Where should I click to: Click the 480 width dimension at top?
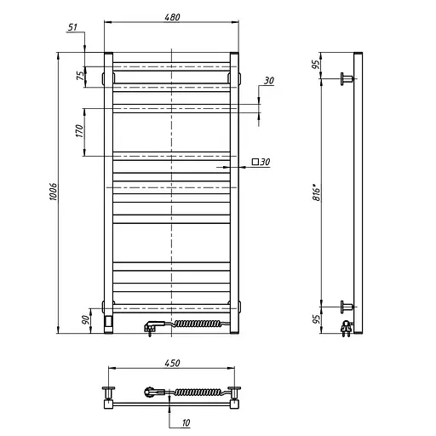pyautogui.click(x=172, y=17)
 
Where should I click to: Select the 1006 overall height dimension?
pyautogui.click(x=53, y=192)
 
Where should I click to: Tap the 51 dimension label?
pyautogui.click(x=72, y=27)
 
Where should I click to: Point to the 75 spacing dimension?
pyautogui.click(x=81, y=76)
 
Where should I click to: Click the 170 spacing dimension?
pyautogui.click(x=79, y=131)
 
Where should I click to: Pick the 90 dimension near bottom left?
pyautogui.click(x=85, y=320)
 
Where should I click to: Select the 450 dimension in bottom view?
pyautogui.click(x=172, y=364)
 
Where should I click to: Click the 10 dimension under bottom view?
pyautogui.click(x=186, y=423)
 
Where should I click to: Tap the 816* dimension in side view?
pyautogui.click(x=316, y=192)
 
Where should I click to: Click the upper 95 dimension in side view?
pyautogui.click(x=316, y=65)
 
